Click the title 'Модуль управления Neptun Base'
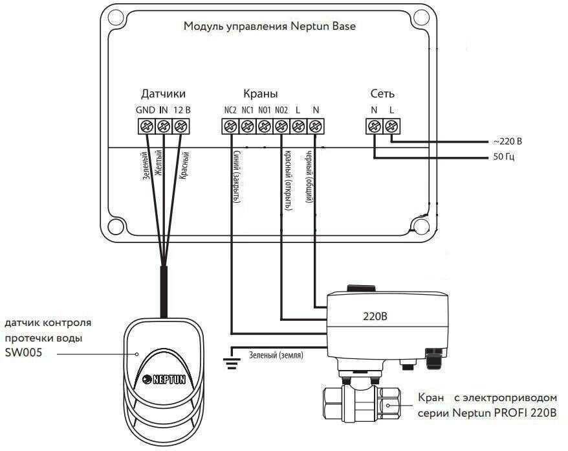pos(270,27)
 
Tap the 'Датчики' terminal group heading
pos(163,95)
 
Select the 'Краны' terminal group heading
pos(256,95)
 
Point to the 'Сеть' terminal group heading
pos(382,95)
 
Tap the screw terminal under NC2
pos(230,126)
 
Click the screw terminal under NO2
pos(281,126)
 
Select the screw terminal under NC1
pos(246,126)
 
